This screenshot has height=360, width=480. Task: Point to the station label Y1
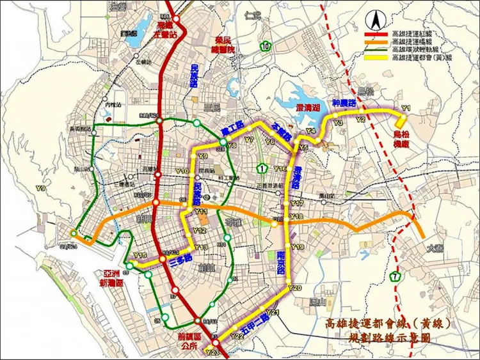(404, 108)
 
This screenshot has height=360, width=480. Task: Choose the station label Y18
(296, 217)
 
